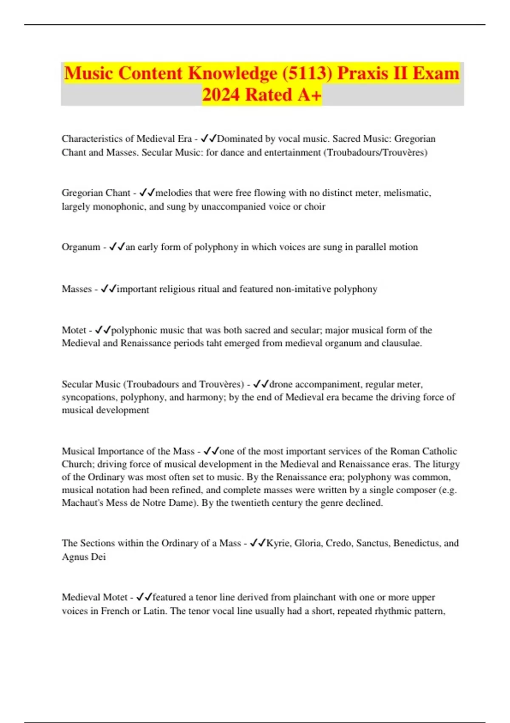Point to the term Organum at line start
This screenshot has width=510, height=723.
(x=81, y=247)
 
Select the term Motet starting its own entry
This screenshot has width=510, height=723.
(x=74, y=330)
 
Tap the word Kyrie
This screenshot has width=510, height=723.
(x=279, y=543)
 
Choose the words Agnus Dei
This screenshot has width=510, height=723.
(x=84, y=557)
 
